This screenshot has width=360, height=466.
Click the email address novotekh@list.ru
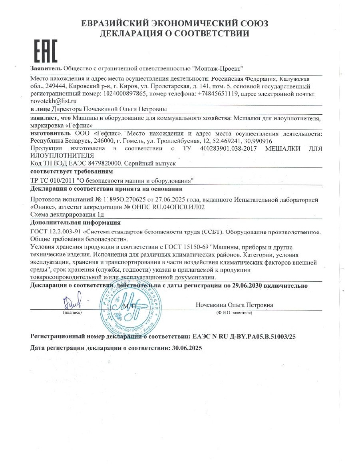[x=54, y=101]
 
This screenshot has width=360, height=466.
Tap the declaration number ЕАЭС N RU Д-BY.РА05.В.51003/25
[x=244, y=337]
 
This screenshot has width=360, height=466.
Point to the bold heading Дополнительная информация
[x=76, y=222]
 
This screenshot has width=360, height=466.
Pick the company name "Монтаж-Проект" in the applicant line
[x=217, y=68]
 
